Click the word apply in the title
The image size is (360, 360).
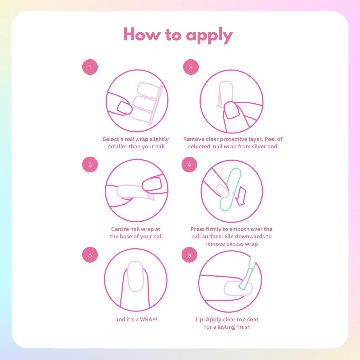point(209,36)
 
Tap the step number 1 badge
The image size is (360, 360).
point(90,67)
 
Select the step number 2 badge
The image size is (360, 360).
point(191,67)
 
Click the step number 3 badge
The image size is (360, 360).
point(90,164)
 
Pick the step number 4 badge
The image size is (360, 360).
point(189,164)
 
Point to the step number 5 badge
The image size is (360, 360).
point(90,255)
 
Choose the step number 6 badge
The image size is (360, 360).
point(189,255)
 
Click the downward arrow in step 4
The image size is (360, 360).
point(241,196)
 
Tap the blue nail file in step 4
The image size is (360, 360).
point(231,189)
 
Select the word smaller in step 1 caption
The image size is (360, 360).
point(118,146)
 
